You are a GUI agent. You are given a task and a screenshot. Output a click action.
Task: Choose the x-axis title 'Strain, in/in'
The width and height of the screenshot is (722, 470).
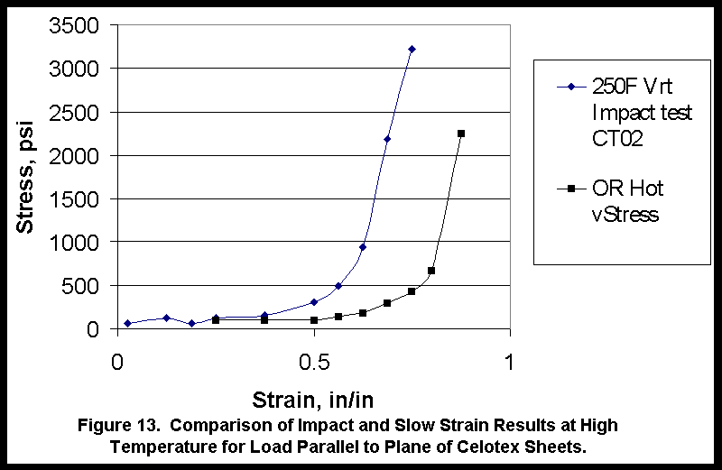coord(313,400)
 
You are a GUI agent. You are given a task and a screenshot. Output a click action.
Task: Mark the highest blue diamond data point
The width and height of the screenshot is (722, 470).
coord(412,49)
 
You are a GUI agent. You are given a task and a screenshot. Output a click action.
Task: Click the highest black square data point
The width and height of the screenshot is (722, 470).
coord(461,134)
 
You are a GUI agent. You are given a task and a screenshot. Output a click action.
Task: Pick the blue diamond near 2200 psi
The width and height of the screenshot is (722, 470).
coord(387,139)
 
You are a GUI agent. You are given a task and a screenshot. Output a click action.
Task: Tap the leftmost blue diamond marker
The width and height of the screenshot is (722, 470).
coord(128,323)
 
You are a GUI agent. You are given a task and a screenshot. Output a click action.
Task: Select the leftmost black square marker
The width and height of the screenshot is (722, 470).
coord(216,320)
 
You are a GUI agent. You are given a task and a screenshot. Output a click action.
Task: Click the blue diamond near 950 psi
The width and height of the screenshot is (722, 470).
coord(363,246)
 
